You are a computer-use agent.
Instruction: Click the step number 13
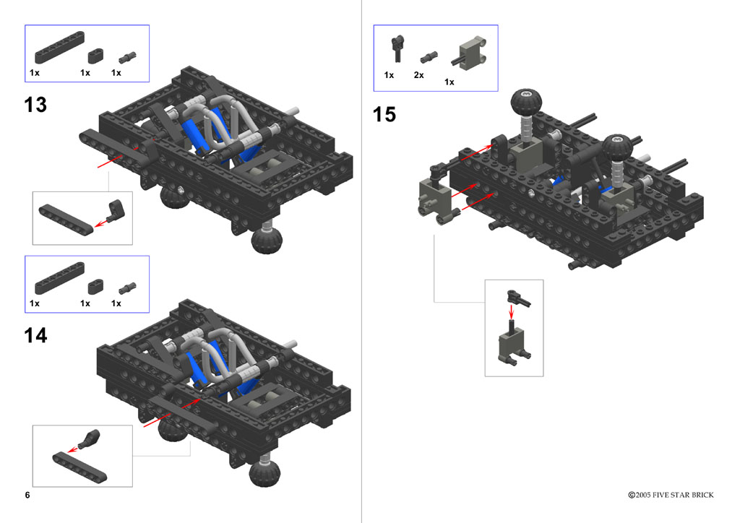[35, 105]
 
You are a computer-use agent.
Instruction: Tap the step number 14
[35, 335]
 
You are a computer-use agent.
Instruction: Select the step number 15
[384, 115]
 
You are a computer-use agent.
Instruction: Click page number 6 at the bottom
[27, 495]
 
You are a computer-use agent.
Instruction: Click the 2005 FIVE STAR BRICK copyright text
[671, 495]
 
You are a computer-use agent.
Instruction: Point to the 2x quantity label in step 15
[418, 75]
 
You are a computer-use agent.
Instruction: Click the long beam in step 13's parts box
[59, 47]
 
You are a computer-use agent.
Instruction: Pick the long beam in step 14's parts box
[59, 278]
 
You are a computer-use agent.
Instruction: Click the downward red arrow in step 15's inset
[511, 311]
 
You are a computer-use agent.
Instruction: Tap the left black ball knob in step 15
[526, 101]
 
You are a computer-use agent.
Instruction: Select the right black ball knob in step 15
[617, 147]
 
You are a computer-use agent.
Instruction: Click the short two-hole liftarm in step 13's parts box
[96, 56]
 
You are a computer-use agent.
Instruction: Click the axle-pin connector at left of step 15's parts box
[398, 48]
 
